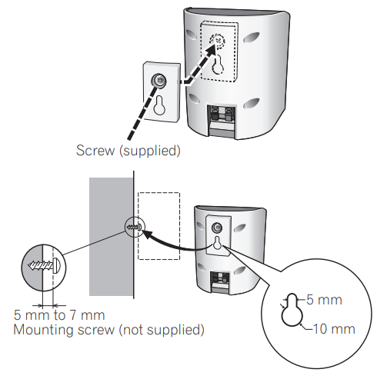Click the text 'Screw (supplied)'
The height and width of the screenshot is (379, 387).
[128, 151]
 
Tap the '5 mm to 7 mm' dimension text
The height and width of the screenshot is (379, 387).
[59, 315]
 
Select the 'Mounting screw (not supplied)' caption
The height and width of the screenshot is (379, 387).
[108, 330]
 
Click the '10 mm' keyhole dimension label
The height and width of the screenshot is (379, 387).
[335, 329]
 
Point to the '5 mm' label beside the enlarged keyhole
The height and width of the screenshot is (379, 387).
[325, 300]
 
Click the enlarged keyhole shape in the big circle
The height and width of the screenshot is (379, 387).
[292, 310]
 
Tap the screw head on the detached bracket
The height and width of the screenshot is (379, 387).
[158, 81]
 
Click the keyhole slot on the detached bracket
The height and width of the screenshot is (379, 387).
[159, 105]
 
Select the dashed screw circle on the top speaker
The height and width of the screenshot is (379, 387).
[217, 41]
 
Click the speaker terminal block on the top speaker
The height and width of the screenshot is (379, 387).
[222, 117]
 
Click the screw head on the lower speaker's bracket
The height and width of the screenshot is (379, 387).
[217, 228]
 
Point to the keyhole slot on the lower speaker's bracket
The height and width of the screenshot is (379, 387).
[217, 243]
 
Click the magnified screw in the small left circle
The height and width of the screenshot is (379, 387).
[45, 266]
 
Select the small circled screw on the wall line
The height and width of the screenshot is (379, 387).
[135, 227]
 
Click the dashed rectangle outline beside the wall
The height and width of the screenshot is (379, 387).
[159, 226]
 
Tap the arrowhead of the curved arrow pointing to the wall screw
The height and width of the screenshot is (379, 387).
[148, 234]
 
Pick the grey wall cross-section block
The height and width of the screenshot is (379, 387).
[111, 237]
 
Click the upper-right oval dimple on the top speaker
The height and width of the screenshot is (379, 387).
[252, 38]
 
